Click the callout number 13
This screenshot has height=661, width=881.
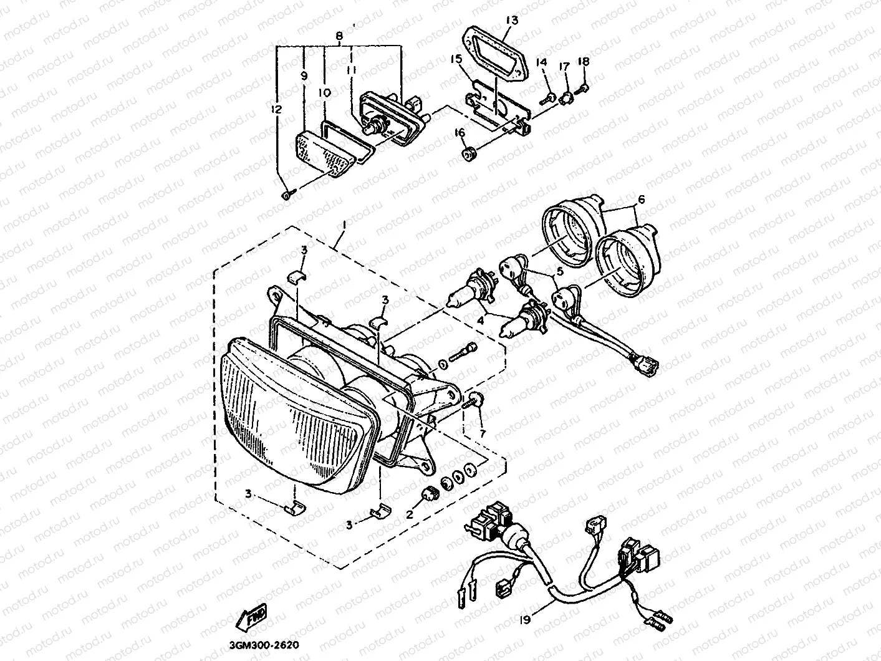tap(512, 20)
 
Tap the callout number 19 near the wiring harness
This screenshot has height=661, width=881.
tap(524, 620)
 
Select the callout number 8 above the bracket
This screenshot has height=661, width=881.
tap(339, 36)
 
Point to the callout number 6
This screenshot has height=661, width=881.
tap(641, 199)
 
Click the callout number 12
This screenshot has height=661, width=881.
tap(276, 109)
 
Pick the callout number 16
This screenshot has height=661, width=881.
tap(460, 132)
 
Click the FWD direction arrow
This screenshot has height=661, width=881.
tap(251, 617)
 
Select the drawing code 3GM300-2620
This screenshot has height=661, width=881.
tap(264, 645)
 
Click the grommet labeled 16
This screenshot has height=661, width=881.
tap(469, 153)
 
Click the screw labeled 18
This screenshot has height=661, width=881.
tap(583, 88)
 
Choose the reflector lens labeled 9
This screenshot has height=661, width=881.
tap(325, 153)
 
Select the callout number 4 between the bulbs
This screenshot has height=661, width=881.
tap(480, 321)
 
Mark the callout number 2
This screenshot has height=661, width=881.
tap(410, 514)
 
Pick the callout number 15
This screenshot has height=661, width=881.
tap(456, 59)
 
